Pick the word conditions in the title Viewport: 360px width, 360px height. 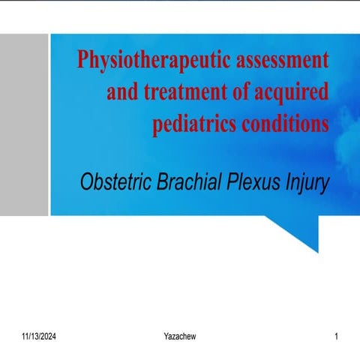click(x=286, y=123)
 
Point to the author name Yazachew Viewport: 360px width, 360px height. click(x=180, y=337)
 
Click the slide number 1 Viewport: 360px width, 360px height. click(x=337, y=337)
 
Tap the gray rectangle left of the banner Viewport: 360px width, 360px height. click(x=24, y=124)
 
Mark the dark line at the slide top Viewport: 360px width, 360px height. click(x=180, y=1)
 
